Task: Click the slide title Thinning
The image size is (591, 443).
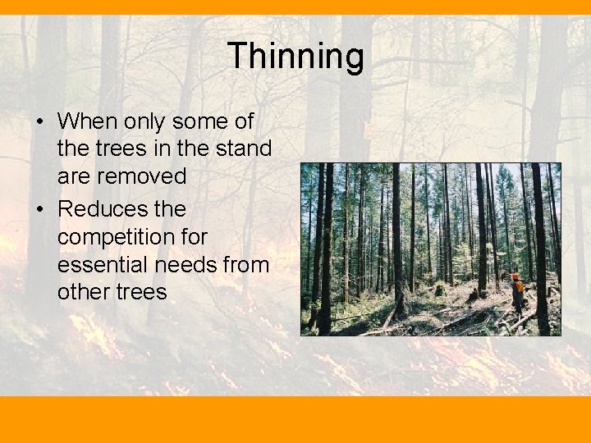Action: point(295,57)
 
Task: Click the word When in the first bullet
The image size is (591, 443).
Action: point(84,121)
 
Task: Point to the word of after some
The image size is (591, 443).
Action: point(245,121)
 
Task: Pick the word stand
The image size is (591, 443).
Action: point(243,149)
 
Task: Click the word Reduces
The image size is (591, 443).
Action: point(98,209)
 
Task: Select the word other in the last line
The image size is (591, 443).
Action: point(82,293)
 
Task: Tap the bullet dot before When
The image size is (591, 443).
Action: point(40,123)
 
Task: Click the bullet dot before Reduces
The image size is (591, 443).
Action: point(40,211)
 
